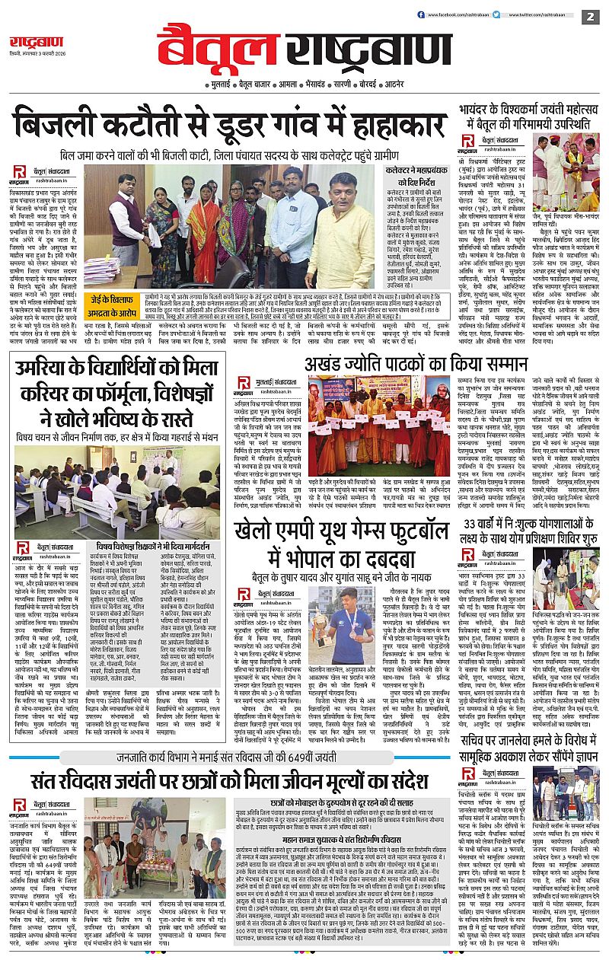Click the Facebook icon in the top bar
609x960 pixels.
(x=421, y=15)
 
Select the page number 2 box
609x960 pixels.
(x=589, y=16)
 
